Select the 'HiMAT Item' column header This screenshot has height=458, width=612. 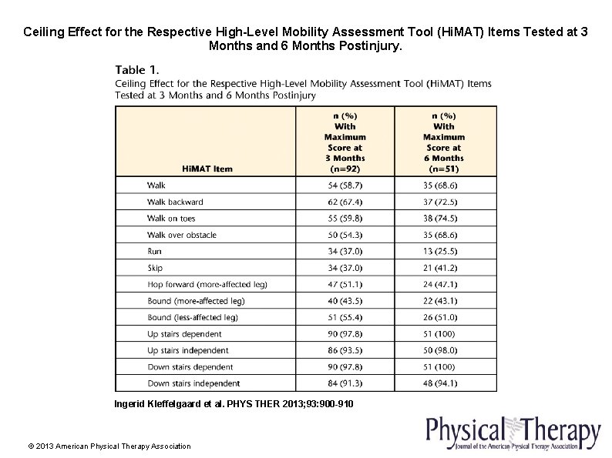pos(207,169)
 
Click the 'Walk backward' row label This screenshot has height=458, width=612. pos(175,202)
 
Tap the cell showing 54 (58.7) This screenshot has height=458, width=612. pos(345,186)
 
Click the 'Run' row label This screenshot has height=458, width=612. pos(154,251)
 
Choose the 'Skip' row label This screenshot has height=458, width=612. pos(155,268)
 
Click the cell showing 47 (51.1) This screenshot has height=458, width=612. pos(345,284)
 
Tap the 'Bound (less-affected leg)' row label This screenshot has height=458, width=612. pos(193,317)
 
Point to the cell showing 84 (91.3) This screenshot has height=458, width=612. pos(345,383)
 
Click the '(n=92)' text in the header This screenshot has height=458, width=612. pos(345,169)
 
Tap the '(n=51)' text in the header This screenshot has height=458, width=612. pos(443,169)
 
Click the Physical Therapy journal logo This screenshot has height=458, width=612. pos(512,433)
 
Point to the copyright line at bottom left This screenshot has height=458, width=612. pos(109,446)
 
